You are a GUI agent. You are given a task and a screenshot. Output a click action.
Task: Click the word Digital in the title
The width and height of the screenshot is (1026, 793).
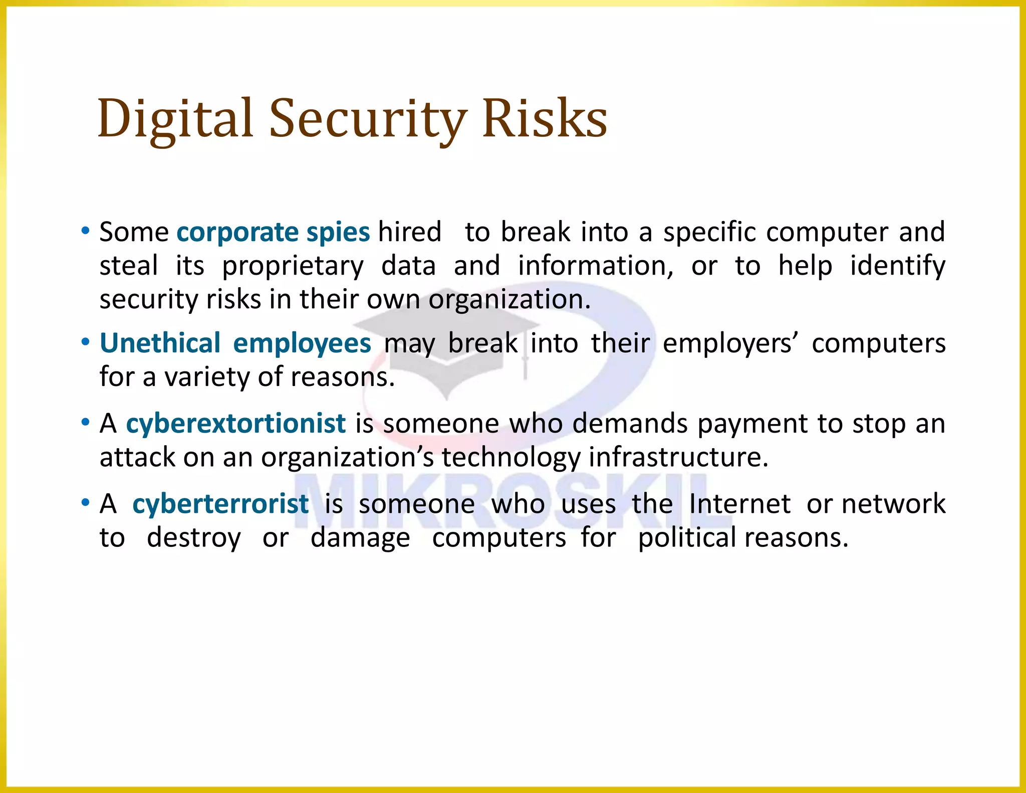tap(175, 119)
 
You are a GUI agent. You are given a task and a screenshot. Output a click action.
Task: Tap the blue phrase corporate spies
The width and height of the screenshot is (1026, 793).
tap(273, 232)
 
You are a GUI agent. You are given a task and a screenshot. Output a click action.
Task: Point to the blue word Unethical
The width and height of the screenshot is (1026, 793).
tap(160, 343)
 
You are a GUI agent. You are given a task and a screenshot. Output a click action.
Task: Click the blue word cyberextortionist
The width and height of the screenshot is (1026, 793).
tap(235, 424)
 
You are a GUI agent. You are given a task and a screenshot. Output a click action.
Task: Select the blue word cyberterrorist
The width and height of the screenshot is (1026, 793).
tap(220, 504)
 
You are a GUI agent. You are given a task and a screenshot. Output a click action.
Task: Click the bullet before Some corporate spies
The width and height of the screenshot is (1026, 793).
tap(85, 231)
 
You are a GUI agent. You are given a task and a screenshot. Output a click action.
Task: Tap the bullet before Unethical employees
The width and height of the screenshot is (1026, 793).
tap(85, 343)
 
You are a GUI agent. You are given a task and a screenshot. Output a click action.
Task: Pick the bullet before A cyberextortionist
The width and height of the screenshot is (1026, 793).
tap(85, 423)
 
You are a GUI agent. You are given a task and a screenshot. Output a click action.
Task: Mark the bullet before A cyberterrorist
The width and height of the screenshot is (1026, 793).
tap(85, 503)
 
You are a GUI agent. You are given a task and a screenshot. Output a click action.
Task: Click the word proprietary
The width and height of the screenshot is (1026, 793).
tap(293, 266)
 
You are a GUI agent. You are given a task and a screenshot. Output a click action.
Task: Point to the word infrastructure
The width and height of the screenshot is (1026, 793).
tap(678, 457)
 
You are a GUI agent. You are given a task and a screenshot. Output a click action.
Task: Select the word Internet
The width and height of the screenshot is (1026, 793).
tap(740, 504)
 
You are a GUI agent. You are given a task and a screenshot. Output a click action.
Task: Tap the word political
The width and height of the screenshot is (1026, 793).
tap(687, 537)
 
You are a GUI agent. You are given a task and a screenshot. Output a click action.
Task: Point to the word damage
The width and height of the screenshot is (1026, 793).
tap(360, 538)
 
